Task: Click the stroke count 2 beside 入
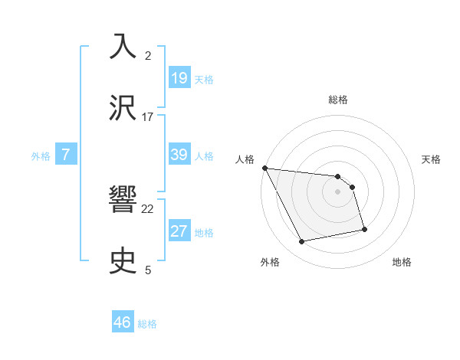coord(148,56)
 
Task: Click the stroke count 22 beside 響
coord(148,208)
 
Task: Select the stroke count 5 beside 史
coord(148,270)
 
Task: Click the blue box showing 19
coord(179,77)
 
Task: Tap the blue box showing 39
coord(179,155)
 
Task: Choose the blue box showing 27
coord(179,231)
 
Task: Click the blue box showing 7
coord(66,155)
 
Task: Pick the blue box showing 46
coord(123,322)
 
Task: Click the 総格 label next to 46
coord(147,324)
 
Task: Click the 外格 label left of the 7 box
coord(41,156)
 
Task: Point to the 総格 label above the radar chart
coord(338,100)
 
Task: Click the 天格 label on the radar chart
coord(432,159)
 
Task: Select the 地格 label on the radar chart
coord(402,262)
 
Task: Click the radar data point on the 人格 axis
coord(264,169)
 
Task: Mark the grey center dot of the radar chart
coord(338,191)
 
